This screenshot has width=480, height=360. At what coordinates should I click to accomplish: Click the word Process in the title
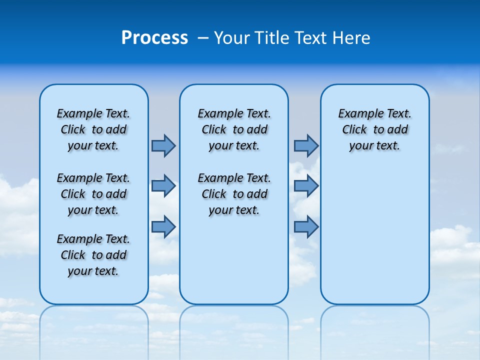(x=154, y=38)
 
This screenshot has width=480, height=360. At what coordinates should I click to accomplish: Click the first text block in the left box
(x=93, y=129)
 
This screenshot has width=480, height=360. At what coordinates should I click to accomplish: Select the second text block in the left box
(x=93, y=194)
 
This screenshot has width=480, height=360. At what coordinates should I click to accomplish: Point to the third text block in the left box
(x=93, y=255)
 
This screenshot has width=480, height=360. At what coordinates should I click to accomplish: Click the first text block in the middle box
(x=234, y=129)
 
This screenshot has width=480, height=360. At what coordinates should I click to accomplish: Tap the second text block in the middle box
(x=234, y=194)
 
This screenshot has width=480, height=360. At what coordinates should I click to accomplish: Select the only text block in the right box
(x=375, y=129)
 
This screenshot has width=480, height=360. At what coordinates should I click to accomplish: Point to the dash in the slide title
(x=203, y=38)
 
